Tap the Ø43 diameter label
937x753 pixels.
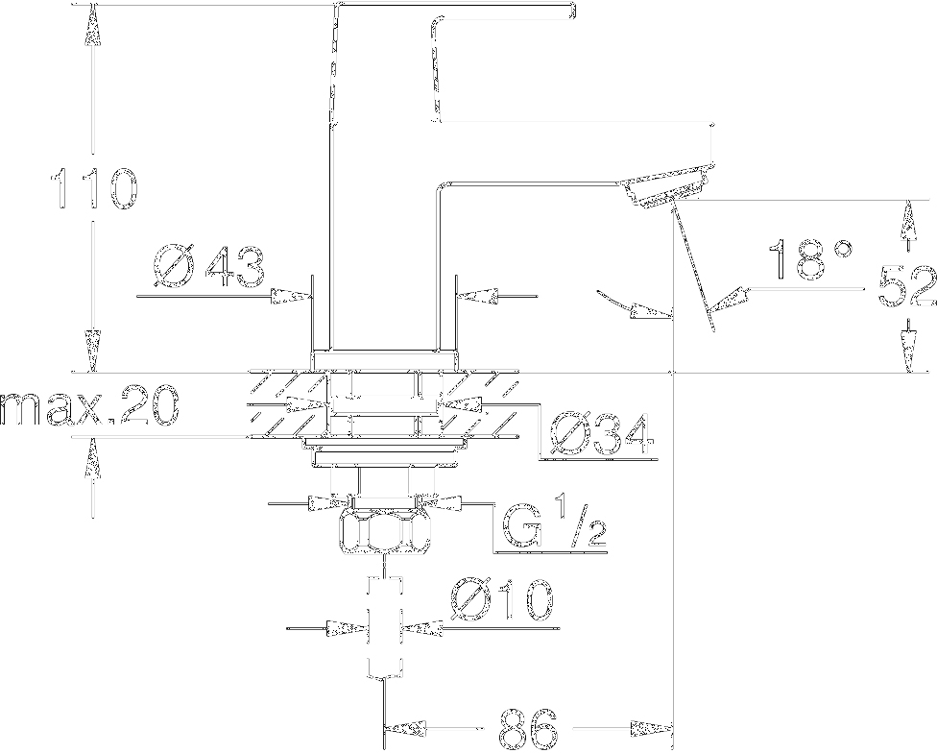[x=209, y=265]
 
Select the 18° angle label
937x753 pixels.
[x=810, y=259]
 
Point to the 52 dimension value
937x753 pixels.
[x=907, y=286]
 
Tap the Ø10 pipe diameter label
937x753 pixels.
[x=502, y=599]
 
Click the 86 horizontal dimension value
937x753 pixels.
[x=528, y=728]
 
